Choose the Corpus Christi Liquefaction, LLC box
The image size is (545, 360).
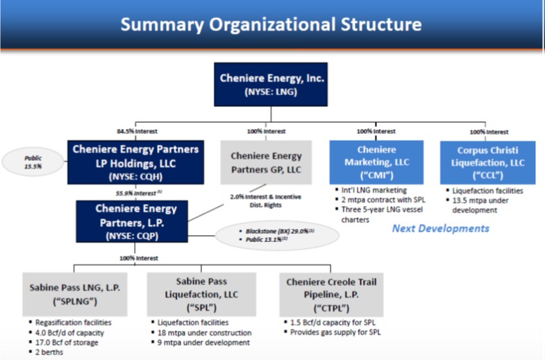tap(487, 162)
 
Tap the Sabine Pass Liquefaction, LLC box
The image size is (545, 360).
tap(202, 293)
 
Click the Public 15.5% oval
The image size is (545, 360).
tap(33, 162)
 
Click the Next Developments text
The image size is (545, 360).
tap(441, 228)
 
